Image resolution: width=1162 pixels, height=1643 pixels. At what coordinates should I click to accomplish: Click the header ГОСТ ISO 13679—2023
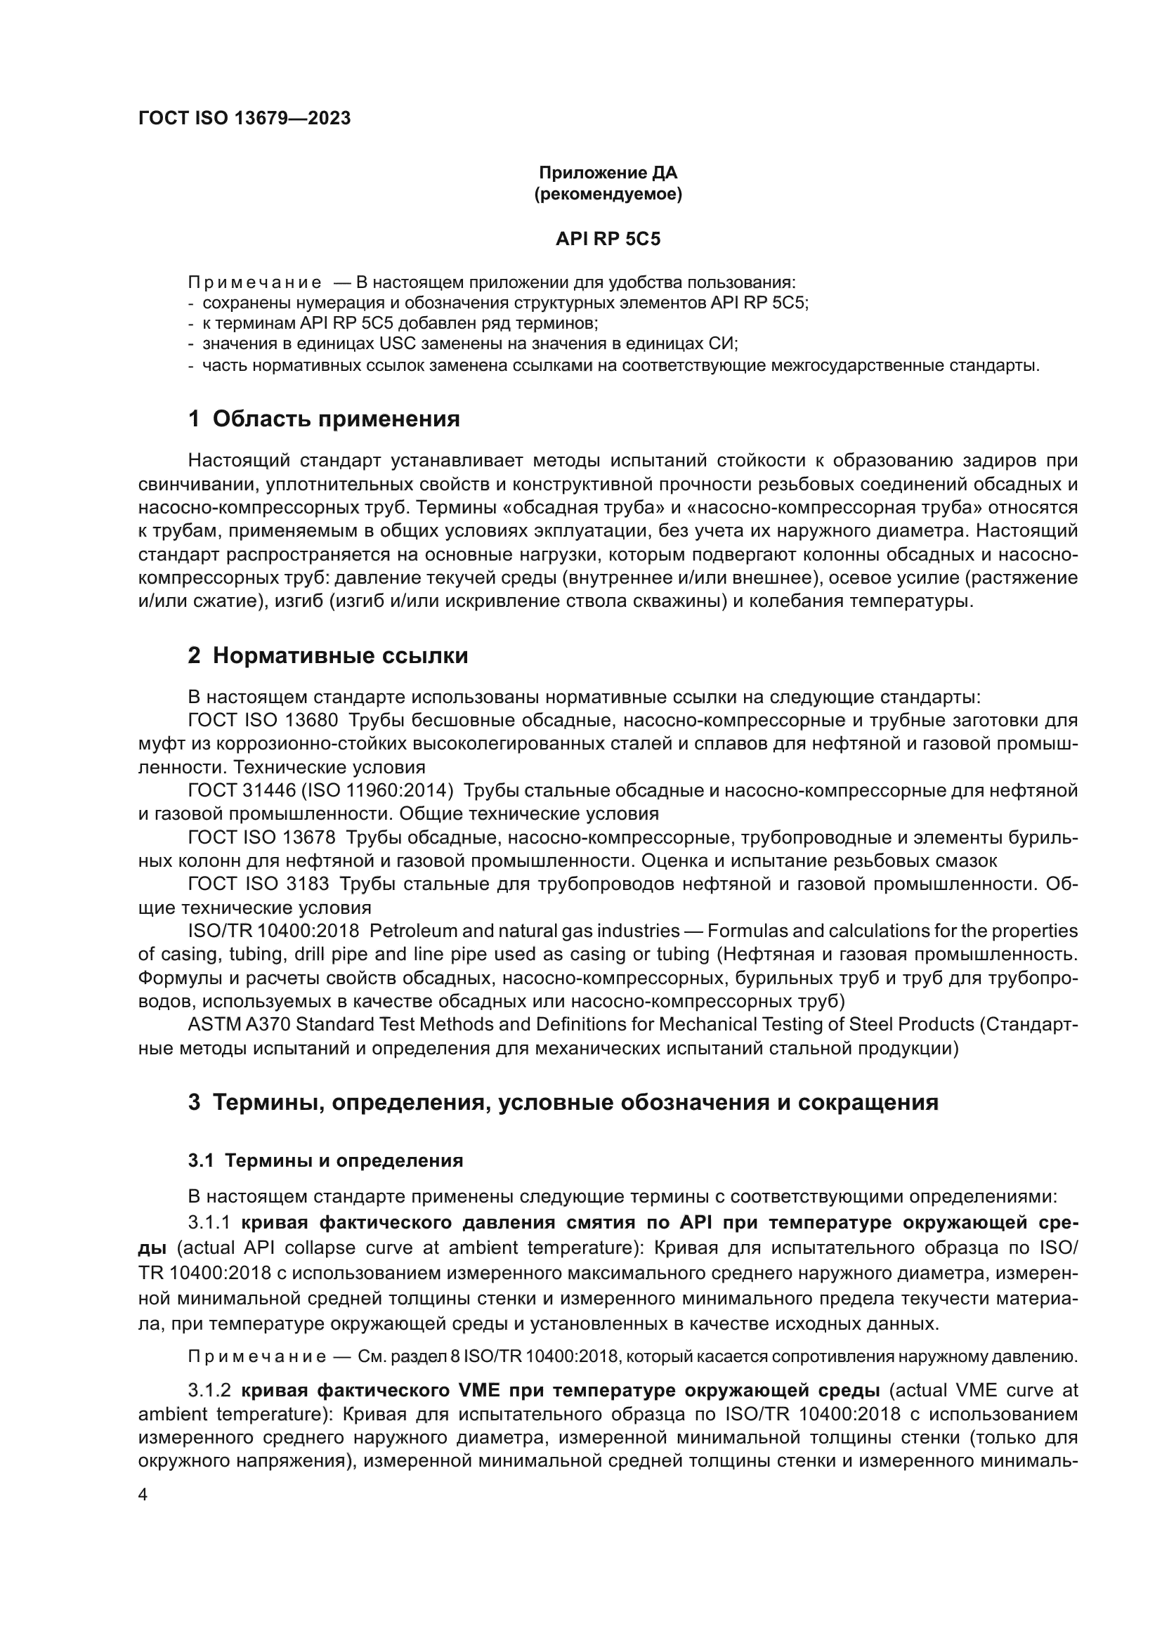pyautogui.click(x=244, y=119)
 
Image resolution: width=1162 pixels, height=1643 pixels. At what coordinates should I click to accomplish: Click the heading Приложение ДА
pyautogui.click(x=608, y=173)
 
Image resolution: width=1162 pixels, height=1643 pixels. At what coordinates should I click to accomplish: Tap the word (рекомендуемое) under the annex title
pyautogui.click(x=608, y=195)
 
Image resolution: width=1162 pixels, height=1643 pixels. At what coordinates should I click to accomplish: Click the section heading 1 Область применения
pyautogui.click(x=323, y=419)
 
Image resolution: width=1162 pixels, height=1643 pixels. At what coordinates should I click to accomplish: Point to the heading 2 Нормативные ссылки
pyautogui.click(x=327, y=655)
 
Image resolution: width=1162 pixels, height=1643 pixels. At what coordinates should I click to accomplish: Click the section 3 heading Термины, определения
pyautogui.click(x=563, y=1102)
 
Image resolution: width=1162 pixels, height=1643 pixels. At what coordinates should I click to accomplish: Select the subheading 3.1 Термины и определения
pyautogui.click(x=325, y=1160)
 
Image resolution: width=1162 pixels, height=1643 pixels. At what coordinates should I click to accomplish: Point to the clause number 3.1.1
pyautogui.click(x=209, y=1222)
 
